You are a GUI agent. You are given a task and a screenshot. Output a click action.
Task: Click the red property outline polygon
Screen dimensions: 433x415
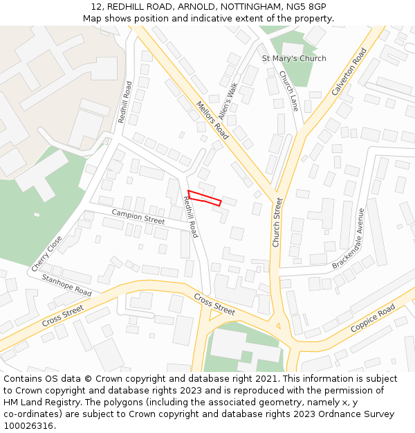[x=204, y=197]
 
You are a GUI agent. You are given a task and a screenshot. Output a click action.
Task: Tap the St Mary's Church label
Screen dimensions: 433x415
[x=294, y=58]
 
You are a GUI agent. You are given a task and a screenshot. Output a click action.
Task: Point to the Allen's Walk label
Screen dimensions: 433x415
[x=228, y=101]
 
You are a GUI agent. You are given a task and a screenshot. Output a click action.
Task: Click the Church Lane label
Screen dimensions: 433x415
[x=288, y=91]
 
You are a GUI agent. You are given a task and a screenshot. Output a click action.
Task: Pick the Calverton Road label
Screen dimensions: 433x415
[x=349, y=71]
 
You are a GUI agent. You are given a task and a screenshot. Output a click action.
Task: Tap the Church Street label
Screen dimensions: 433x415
[x=277, y=222]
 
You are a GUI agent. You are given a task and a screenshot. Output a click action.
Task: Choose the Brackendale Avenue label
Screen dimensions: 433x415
[x=348, y=239]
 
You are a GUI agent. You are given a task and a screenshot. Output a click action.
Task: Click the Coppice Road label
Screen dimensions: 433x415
[x=373, y=317]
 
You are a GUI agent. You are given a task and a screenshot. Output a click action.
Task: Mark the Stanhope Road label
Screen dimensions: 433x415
[x=66, y=285]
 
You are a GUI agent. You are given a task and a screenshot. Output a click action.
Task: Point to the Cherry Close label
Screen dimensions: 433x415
[x=46, y=254]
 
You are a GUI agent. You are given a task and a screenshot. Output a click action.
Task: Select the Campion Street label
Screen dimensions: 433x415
[x=138, y=218]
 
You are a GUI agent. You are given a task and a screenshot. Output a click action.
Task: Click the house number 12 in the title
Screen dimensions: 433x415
[x=96, y=6]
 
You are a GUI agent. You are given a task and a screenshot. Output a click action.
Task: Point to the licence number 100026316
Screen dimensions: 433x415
[x=28, y=425]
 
